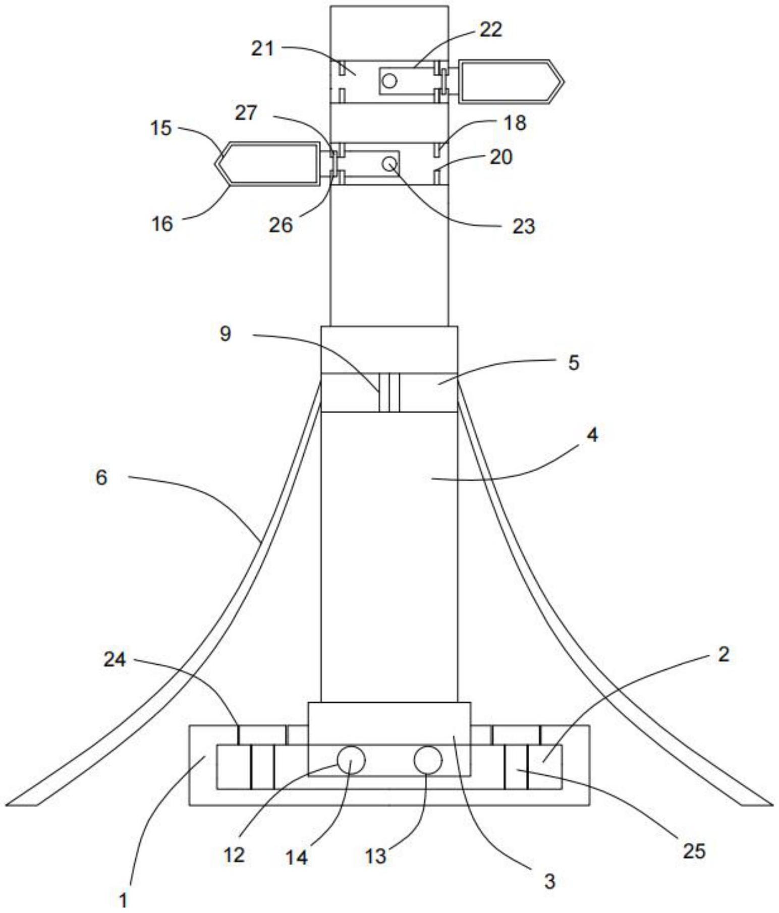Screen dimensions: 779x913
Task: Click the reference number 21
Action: [x=262, y=49]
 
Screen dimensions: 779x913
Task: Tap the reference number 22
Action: [x=490, y=30]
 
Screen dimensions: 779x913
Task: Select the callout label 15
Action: [x=161, y=128]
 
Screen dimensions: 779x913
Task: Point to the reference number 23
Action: [x=523, y=226]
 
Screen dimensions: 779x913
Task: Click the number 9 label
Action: [x=225, y=334]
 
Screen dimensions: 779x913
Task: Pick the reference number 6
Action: [x=101, y=477]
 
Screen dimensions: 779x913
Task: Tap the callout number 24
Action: [x=115, y=659]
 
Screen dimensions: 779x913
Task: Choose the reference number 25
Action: [x=694, y=851]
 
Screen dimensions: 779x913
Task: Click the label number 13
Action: [x=375, y=856]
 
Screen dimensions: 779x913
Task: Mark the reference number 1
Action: [x=123, y=899]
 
